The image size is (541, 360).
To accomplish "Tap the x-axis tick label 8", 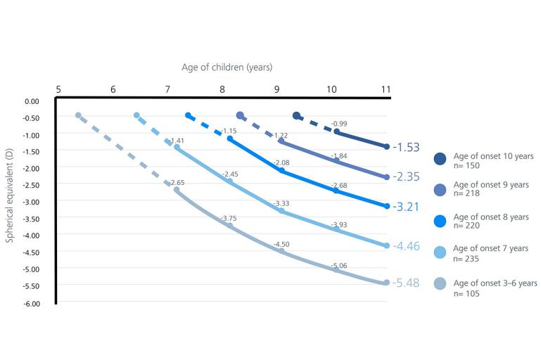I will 222,89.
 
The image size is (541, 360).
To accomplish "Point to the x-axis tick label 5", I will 58,89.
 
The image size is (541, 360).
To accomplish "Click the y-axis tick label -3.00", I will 32,201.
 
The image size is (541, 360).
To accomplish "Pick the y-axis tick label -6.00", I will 32,302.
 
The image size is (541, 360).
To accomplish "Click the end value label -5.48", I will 407,283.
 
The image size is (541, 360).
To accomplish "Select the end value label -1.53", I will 407,148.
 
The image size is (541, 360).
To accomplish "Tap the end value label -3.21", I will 407,207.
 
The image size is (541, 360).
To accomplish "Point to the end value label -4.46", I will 407,246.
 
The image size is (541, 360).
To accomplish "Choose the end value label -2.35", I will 407,178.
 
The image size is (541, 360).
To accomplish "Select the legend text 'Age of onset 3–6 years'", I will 495,283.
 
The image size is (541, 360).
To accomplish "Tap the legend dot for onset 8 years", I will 440,221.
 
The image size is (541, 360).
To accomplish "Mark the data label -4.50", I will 281,244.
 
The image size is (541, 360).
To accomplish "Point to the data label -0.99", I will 339,124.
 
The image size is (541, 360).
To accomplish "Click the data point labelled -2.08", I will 281,171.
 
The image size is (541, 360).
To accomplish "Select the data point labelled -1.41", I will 177,148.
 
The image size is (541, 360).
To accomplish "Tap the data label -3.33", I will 281,204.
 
